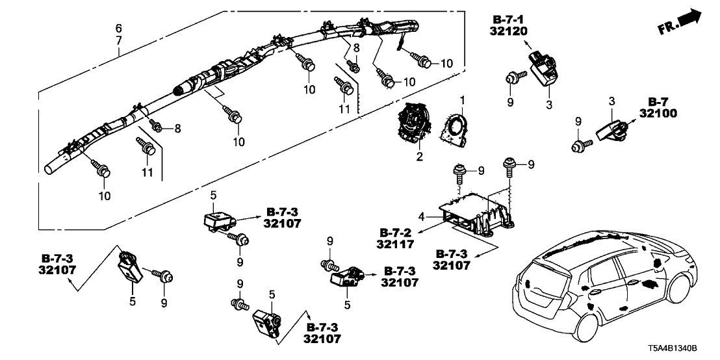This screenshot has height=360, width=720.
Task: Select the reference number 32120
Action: coord(509,31)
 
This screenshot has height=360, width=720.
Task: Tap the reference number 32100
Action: coord(675,113)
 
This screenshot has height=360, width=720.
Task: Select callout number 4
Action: coord(422,214)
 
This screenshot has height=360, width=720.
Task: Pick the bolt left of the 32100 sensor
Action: coord(579,146)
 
